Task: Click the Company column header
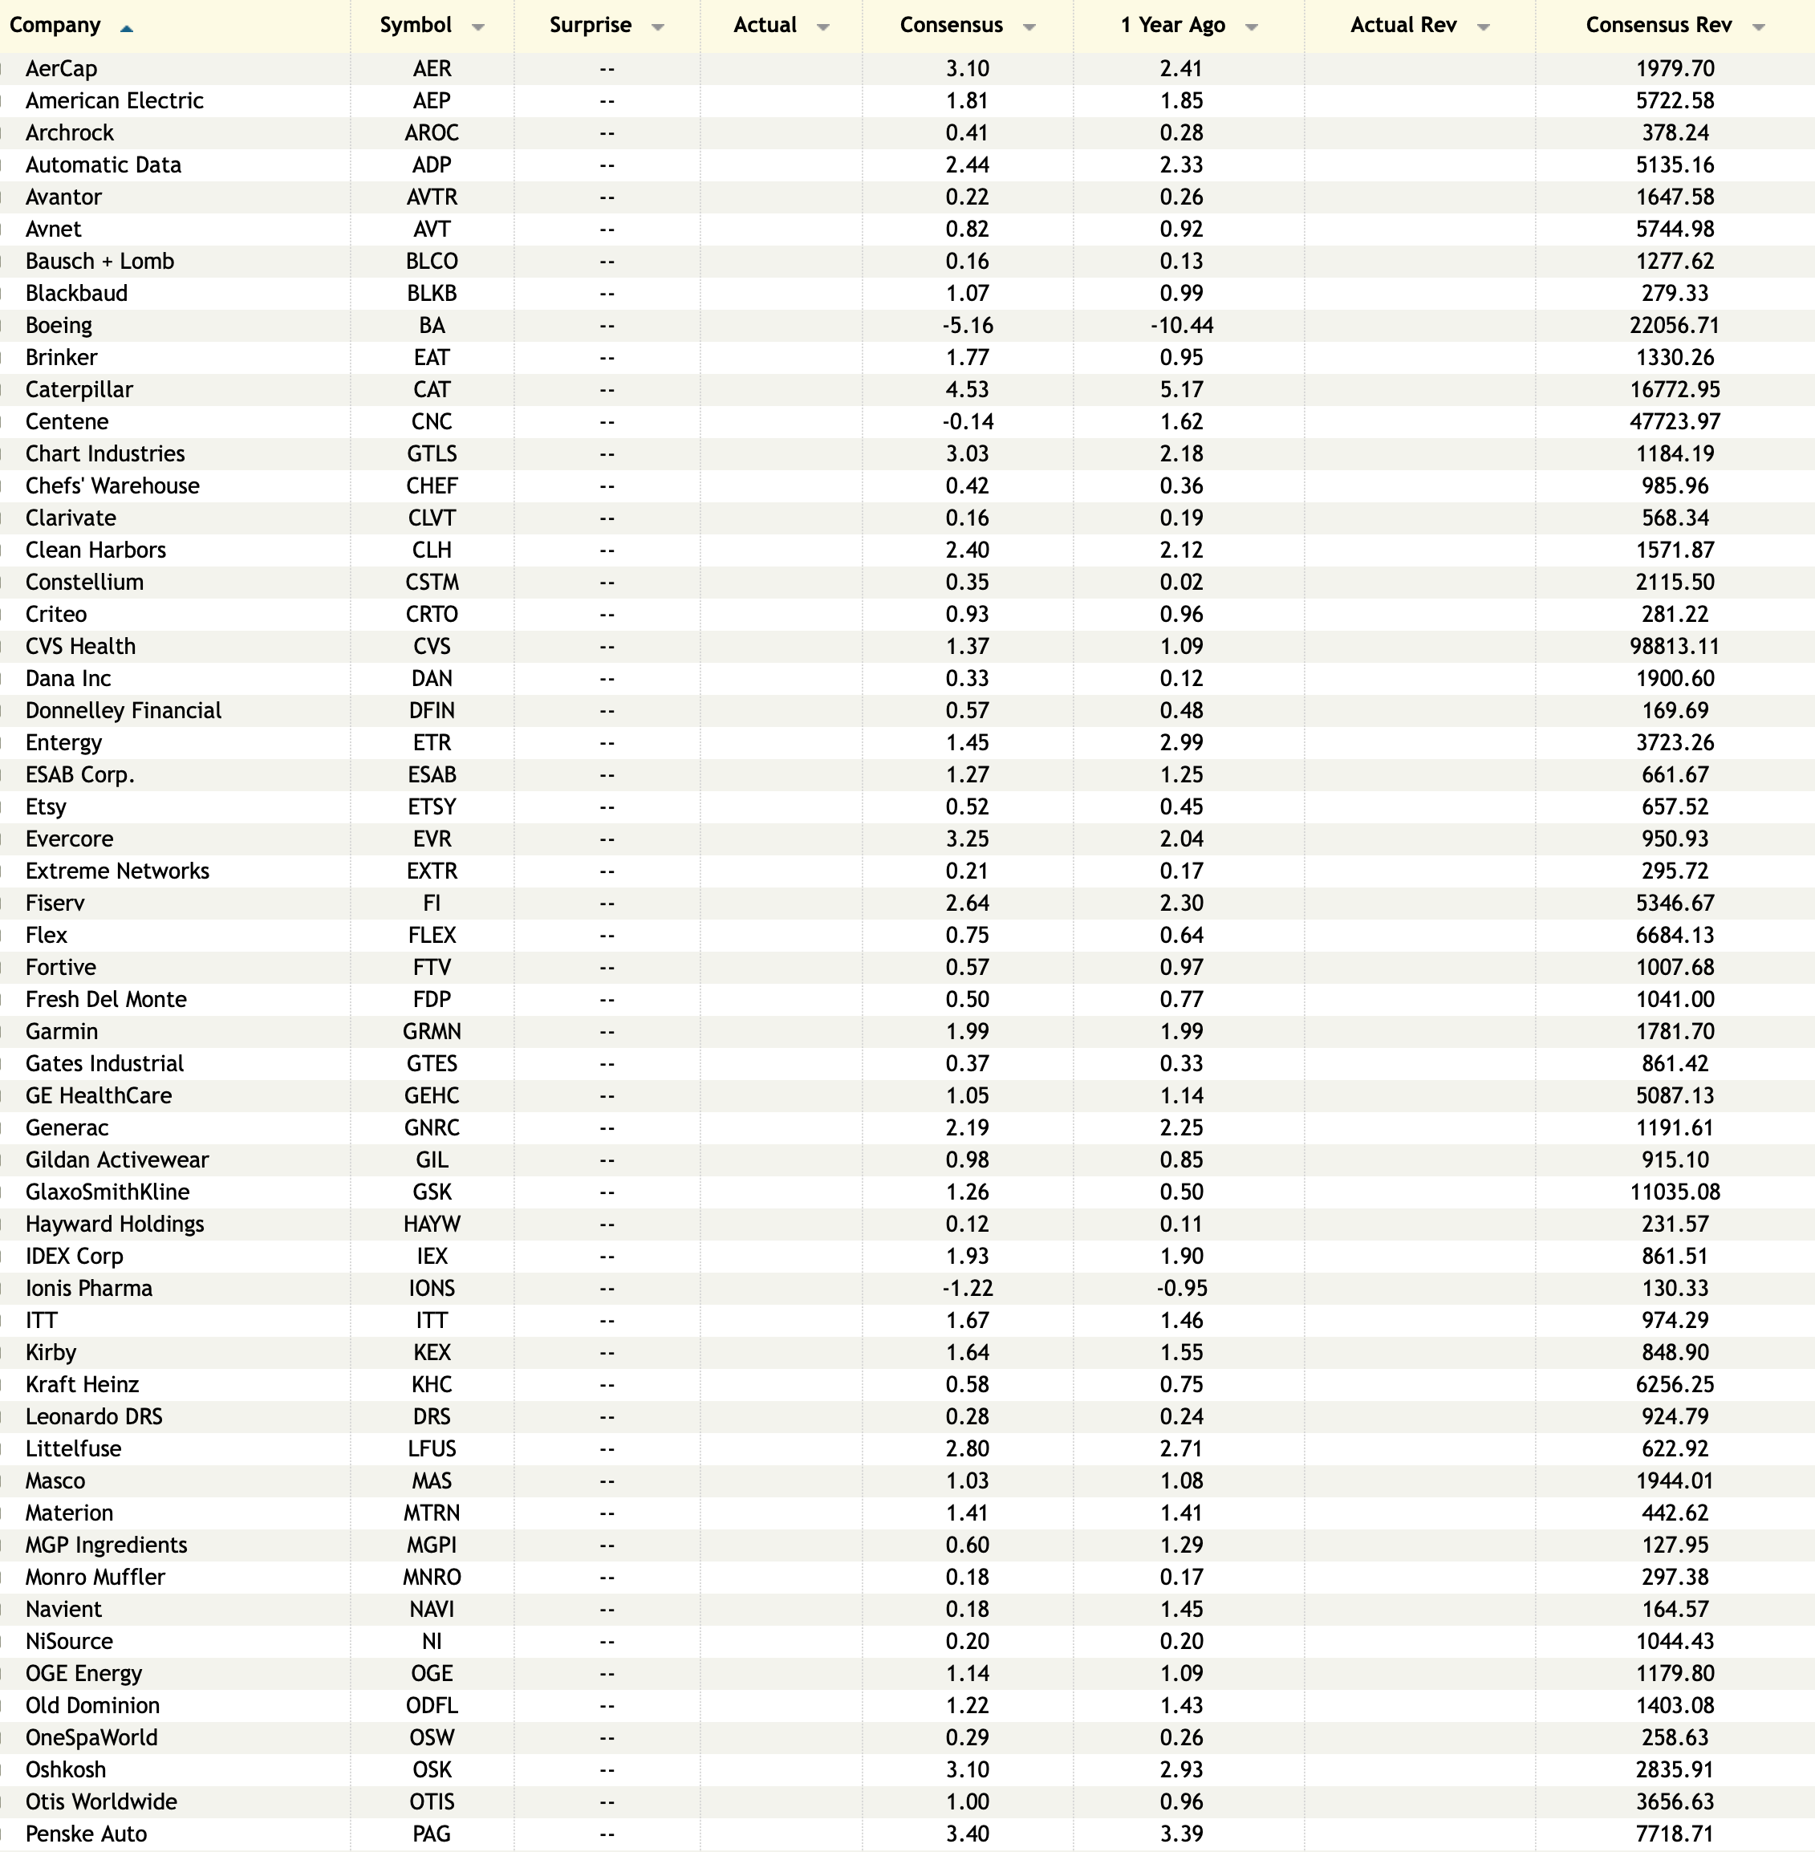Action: [55, 26]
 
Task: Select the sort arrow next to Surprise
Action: [658, 27]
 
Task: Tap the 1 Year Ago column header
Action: [1172, 26]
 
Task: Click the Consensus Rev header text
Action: [1659, 26]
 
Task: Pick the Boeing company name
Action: [59, 325]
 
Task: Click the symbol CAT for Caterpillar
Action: [432, 390]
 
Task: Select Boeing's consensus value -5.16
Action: [968, 325]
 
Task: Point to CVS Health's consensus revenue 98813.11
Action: [1675, 646]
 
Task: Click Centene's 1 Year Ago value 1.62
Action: [1181, 421]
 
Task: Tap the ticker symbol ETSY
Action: [432, 807]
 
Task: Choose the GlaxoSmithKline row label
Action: [108, 1192]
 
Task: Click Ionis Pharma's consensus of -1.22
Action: [968, 1289]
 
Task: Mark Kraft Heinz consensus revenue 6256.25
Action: [1675, 1385]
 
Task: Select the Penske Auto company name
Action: [87, 1834]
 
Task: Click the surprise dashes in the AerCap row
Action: [607, 69]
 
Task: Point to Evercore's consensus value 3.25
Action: [968, 839]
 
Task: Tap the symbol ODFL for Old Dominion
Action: [432, 1705]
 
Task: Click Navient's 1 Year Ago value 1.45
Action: [1181, 1609]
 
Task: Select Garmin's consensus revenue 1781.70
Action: [1675, 1031]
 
